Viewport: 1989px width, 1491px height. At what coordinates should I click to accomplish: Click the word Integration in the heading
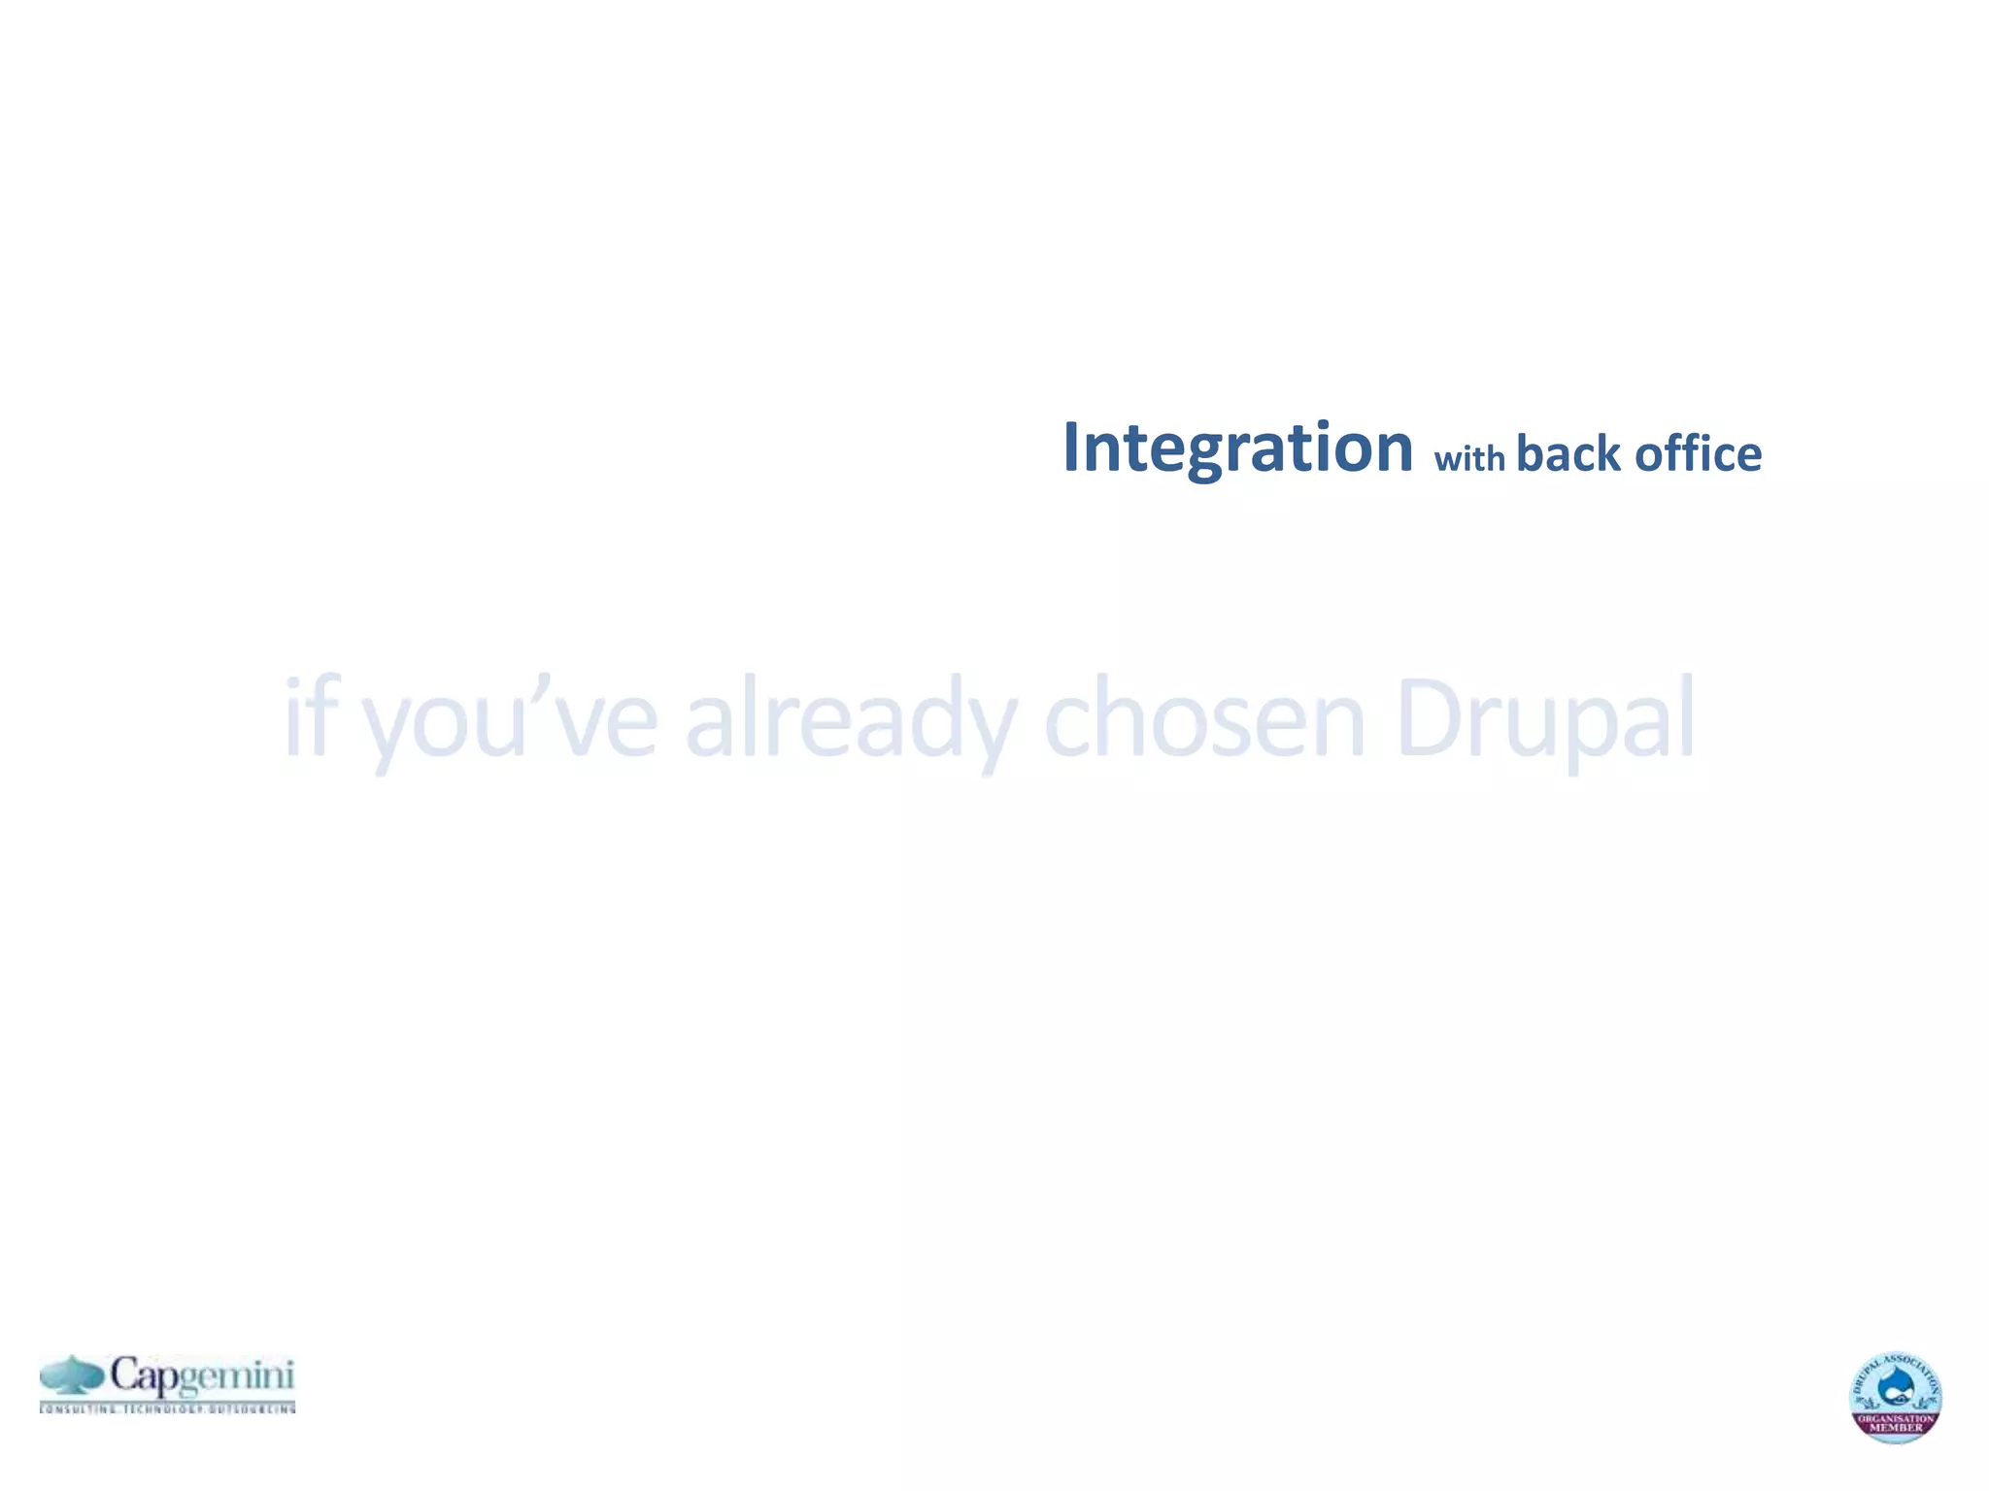coord(1237,448)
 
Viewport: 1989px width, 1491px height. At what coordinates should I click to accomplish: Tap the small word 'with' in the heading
coord(1468,457)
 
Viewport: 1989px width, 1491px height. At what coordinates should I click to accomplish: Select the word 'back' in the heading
coord(1568,453)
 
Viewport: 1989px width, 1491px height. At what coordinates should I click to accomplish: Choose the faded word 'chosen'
coord(1204,718)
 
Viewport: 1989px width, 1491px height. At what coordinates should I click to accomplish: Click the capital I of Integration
coord(1072,448)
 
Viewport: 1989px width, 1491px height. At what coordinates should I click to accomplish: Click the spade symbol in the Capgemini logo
coord(72,1375)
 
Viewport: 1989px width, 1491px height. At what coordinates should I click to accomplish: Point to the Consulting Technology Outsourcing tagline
coord(168,1408)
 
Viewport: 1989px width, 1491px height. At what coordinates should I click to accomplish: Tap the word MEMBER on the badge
coord(1896,1428)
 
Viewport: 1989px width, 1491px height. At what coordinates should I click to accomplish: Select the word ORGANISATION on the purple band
coord(1896,1418)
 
